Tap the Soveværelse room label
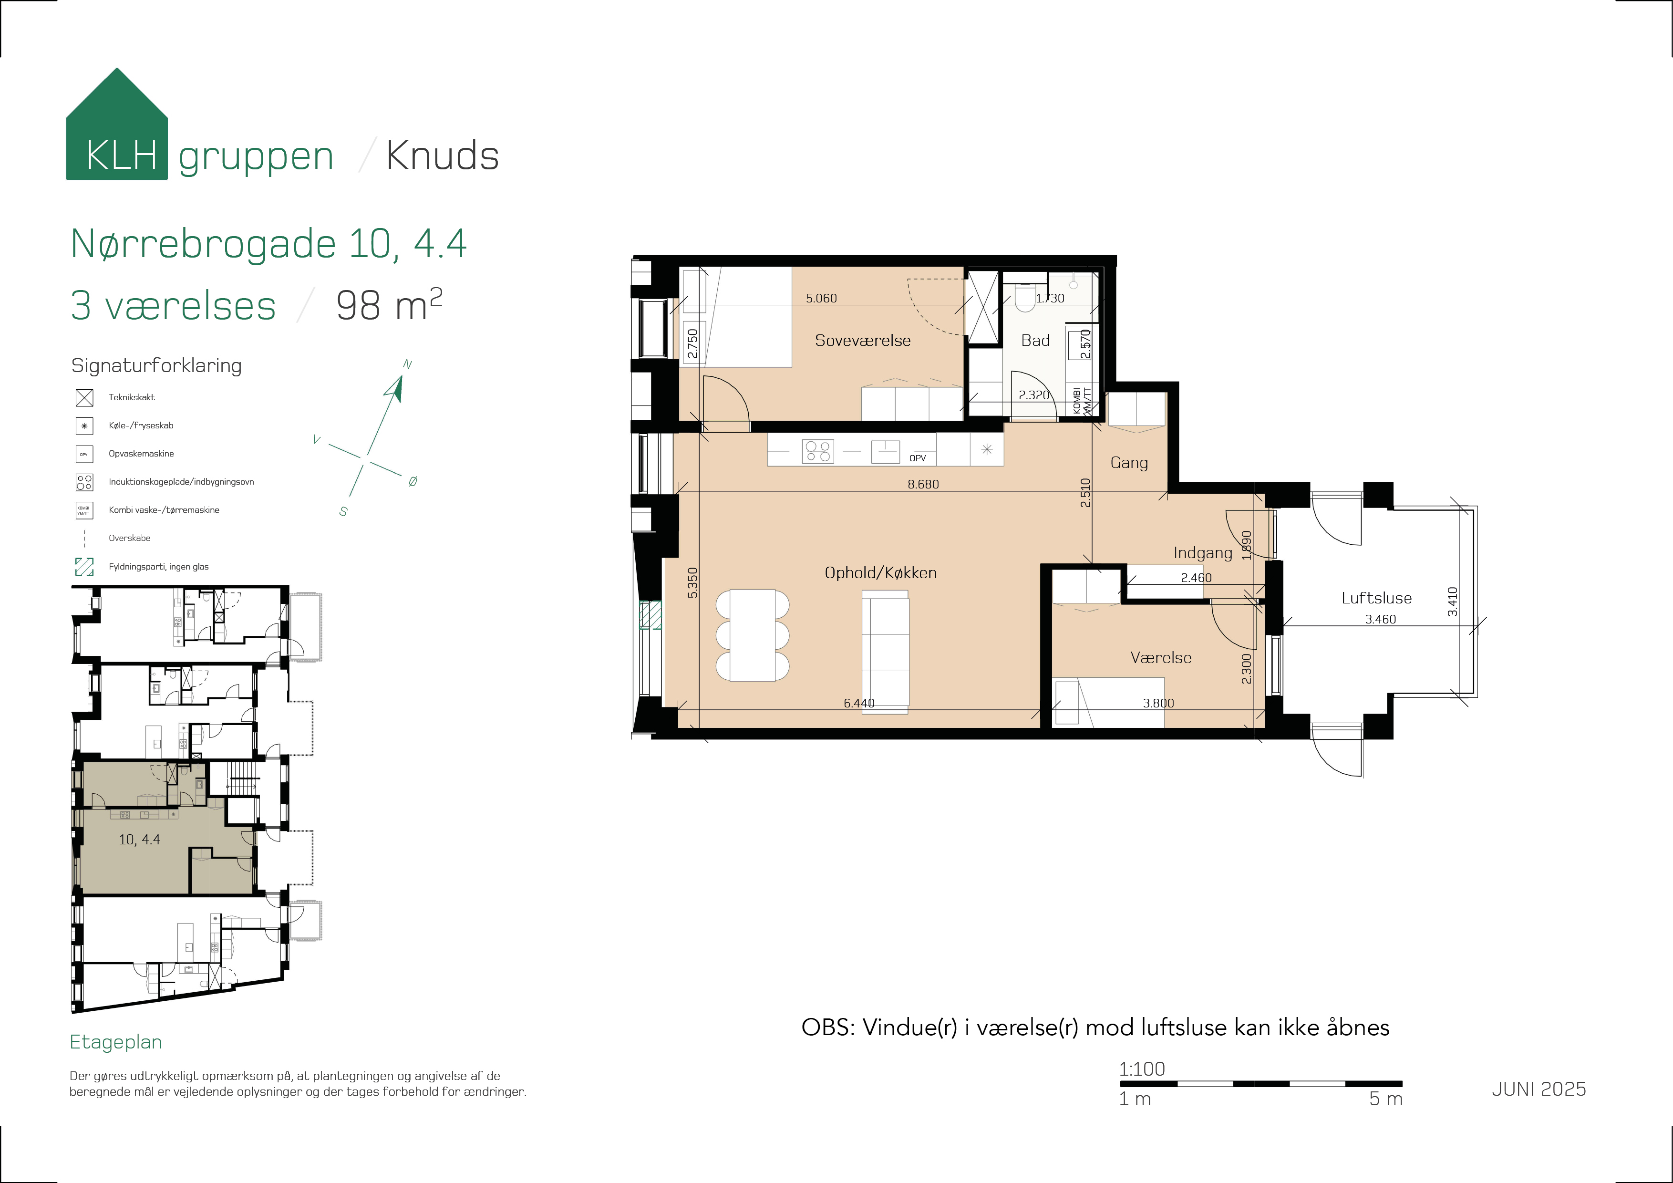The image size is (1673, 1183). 863,341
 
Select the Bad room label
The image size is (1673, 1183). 1035,341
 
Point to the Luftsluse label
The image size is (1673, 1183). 1376,598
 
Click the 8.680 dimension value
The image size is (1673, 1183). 923,484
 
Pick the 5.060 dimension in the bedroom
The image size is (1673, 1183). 821,298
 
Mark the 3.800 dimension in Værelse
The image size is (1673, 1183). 1158,704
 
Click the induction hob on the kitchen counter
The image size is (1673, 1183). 817,452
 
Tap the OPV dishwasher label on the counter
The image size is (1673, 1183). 918,458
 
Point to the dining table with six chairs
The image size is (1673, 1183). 753,635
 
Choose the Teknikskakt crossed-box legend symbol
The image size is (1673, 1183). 84,398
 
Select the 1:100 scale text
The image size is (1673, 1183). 1142,1069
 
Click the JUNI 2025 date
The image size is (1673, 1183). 1539,1089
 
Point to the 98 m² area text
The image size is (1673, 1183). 389,305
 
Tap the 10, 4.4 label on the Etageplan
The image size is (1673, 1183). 139,840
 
